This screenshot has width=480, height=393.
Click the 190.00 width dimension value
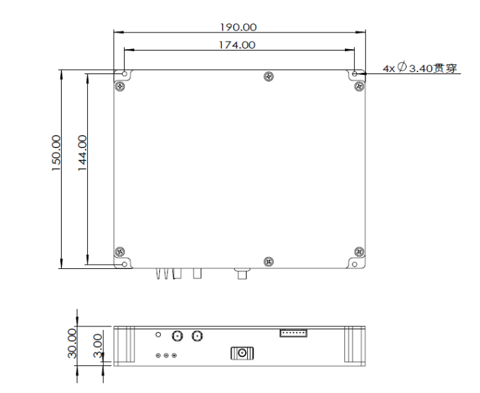point(239,27)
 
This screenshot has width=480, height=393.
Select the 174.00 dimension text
point(237,45)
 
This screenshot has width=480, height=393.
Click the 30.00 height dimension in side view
point(72,343)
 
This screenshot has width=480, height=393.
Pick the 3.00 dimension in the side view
point(98,343)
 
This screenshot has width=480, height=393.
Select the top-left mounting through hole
point(124,73)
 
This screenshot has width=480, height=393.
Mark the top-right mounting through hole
point(355,73)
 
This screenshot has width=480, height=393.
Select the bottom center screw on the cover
point(268,261)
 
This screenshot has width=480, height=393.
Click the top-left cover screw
point(121,85)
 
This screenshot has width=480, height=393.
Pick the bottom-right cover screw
point(357,251)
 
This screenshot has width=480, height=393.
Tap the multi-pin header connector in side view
point(294,333)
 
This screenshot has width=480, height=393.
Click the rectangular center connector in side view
point(242,353)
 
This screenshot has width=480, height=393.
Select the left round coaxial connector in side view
point(176,337)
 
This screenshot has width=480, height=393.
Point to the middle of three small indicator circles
point(166,356)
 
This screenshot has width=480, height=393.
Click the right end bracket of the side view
point(355,345)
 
